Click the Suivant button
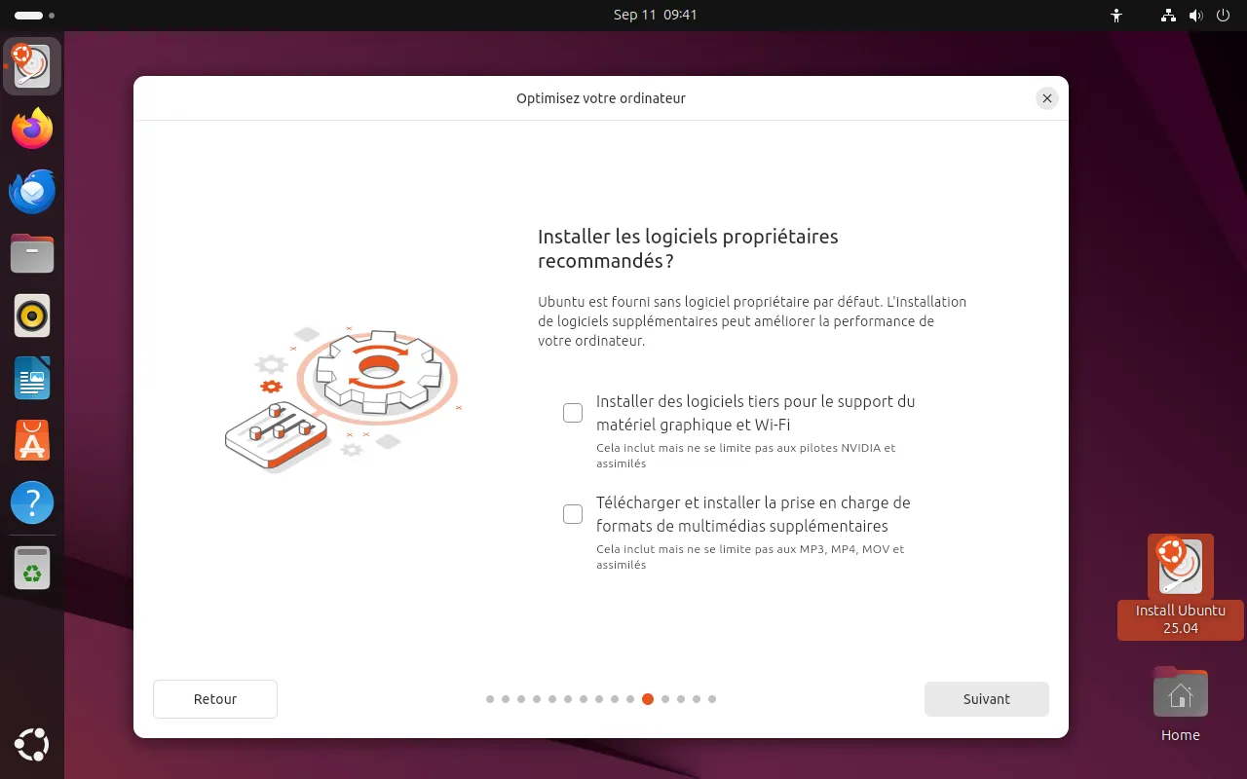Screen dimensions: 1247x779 [987, 699]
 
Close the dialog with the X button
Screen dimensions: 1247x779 [1046, 98]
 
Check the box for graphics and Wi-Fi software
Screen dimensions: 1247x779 [572, 413]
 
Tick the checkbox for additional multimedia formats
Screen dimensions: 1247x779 [572, 514]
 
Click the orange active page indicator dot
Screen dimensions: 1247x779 [648, 699]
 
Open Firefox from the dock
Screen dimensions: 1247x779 [32, 128]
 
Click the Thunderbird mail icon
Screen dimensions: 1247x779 [32, 191]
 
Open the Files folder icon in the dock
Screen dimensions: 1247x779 [32, 253]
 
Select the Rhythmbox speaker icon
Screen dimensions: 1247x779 [32, 315]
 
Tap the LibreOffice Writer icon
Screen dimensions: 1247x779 [32, 378]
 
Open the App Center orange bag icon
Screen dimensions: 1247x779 [32, 440]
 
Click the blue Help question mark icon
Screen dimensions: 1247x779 [32, 502]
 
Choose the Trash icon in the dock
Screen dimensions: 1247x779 [32, 568]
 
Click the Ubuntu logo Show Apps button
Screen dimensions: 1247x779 [32, 745]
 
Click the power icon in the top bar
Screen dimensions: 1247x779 [1223, 15]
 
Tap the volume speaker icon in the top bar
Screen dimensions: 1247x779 [1195, 15]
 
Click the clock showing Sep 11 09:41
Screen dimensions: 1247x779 [655, 15]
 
